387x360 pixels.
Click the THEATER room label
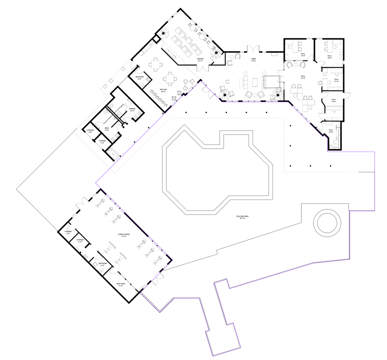(200, 60)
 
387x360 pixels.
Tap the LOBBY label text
(253, 60)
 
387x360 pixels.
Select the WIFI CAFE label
(163, 90)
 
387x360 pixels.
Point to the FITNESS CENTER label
(122, 235)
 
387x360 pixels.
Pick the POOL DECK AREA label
(242, 217)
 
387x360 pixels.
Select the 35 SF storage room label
(90, 131)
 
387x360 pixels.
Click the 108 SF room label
(331, 131)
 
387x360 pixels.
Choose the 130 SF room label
(333, 100)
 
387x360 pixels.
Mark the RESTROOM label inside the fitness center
(102, 264)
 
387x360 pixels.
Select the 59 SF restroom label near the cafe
(139, 78)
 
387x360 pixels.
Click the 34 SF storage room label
(102, 142)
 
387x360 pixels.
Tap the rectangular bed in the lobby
(271, 82)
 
